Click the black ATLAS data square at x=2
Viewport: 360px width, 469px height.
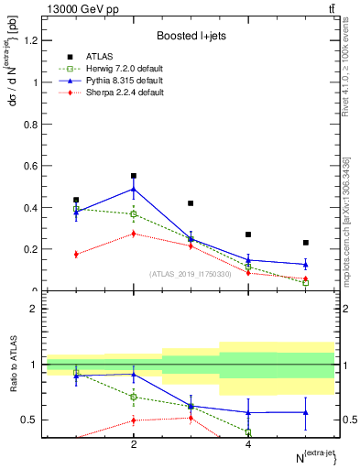point(134,176)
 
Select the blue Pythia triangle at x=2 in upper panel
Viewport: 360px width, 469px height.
point(134,190)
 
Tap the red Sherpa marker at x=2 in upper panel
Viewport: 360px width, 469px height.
point(134,234)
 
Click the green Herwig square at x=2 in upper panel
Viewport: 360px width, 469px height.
point(134,214)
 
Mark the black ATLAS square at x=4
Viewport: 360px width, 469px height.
point(248,234)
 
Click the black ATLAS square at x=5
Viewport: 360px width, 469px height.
point(305,243)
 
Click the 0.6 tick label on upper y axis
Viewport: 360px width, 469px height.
point(29,166)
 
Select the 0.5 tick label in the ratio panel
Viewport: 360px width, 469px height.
point(29,420)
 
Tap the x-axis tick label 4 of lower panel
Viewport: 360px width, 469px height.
point(248,444)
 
